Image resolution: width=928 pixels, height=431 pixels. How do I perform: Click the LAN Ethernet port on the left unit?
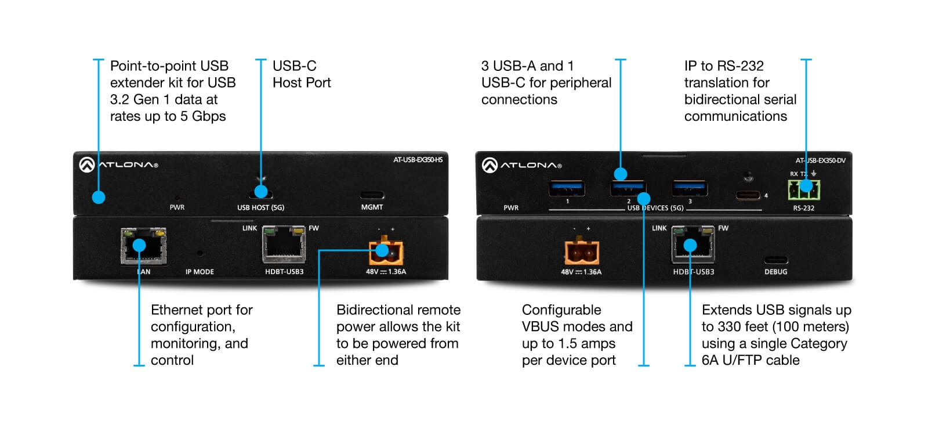pos(143,246)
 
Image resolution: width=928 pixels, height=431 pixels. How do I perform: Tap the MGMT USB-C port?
pos(372,195)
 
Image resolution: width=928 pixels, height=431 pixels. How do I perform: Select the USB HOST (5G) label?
pos(260,207)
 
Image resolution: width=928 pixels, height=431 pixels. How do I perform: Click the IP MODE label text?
pos(200,272)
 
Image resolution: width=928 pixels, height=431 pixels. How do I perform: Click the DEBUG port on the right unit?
pos(775,260)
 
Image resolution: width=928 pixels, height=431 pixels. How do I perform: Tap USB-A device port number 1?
pos(567,188)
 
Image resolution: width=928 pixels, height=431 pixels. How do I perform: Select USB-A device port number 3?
pos(690,188)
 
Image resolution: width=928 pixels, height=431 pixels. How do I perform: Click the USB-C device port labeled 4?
pos(748,195)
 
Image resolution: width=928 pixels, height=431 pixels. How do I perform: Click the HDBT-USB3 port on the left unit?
pos(284,246)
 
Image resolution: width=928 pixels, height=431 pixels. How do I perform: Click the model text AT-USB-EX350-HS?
pos(418,160)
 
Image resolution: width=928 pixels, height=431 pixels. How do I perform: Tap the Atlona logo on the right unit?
pos(522,166)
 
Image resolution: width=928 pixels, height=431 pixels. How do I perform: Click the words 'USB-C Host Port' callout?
pos(302,74)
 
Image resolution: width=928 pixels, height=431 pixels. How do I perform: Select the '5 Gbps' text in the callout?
pos(202,116)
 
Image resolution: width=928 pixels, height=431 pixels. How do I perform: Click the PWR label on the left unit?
pos(177,207)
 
